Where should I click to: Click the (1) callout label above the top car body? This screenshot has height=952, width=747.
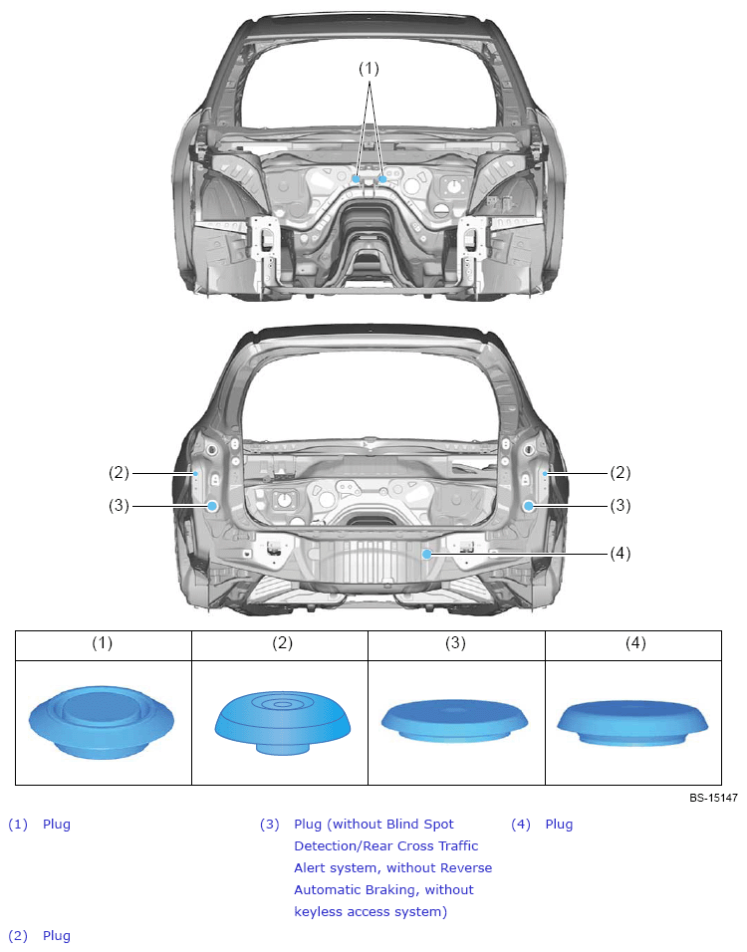pyautogui.click(x=369, y=69)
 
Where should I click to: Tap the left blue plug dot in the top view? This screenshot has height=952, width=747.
pyautogui.click(x=356, y=178)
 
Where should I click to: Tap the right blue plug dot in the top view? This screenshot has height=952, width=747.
pyautogui.click(x=382, y=178)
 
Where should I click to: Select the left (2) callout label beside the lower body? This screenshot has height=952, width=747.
pyautogui.click(x=120, y=472)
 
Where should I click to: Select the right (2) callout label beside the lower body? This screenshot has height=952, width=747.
pyautogui.click(x=621, y=472)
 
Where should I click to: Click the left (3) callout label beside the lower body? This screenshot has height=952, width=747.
pyautogui.click(x=120, y=505)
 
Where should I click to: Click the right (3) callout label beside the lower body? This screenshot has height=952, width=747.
pyautogui.click(x=621, y=505)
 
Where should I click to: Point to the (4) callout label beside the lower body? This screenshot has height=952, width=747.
pyautogui.click(x=621, y=553)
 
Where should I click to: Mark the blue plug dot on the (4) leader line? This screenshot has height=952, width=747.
pyautogui.click(x=427, y=554)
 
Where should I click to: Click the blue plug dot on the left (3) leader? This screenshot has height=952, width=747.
pyautogui.click(x=212, y=506)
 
